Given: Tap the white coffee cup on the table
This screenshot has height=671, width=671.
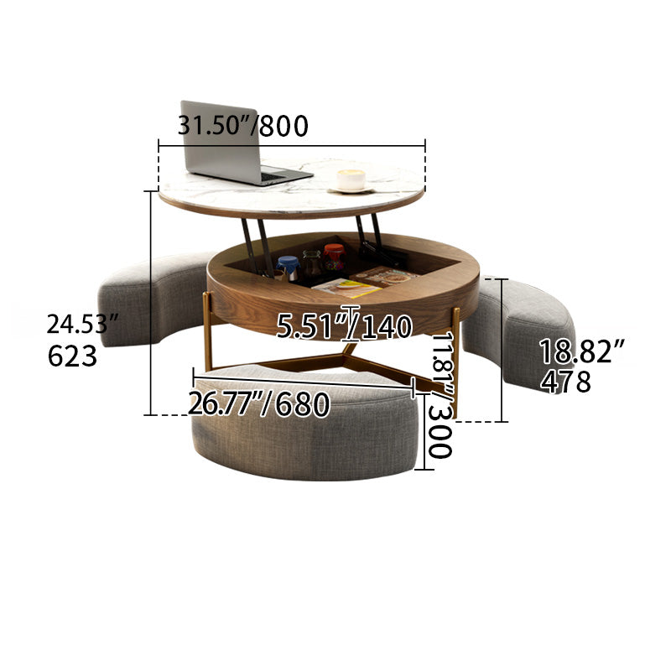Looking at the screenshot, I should [x=351, y=179].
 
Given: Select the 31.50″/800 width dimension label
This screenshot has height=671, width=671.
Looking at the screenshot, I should [x=244, y=126].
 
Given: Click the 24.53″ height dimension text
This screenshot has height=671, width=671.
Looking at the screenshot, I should [x=78, y=323].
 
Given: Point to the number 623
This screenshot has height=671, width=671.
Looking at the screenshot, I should [x=73, y=356].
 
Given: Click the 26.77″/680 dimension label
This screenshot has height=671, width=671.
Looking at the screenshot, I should [x=258, y=405].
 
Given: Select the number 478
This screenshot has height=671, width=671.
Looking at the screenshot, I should [x=566, y=382].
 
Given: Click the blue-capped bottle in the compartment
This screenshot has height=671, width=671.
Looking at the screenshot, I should [x=289, y=268].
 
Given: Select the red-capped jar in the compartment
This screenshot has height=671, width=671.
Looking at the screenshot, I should [x=334, y=256].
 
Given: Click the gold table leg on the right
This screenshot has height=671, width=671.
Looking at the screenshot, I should [x=455, y=361].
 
